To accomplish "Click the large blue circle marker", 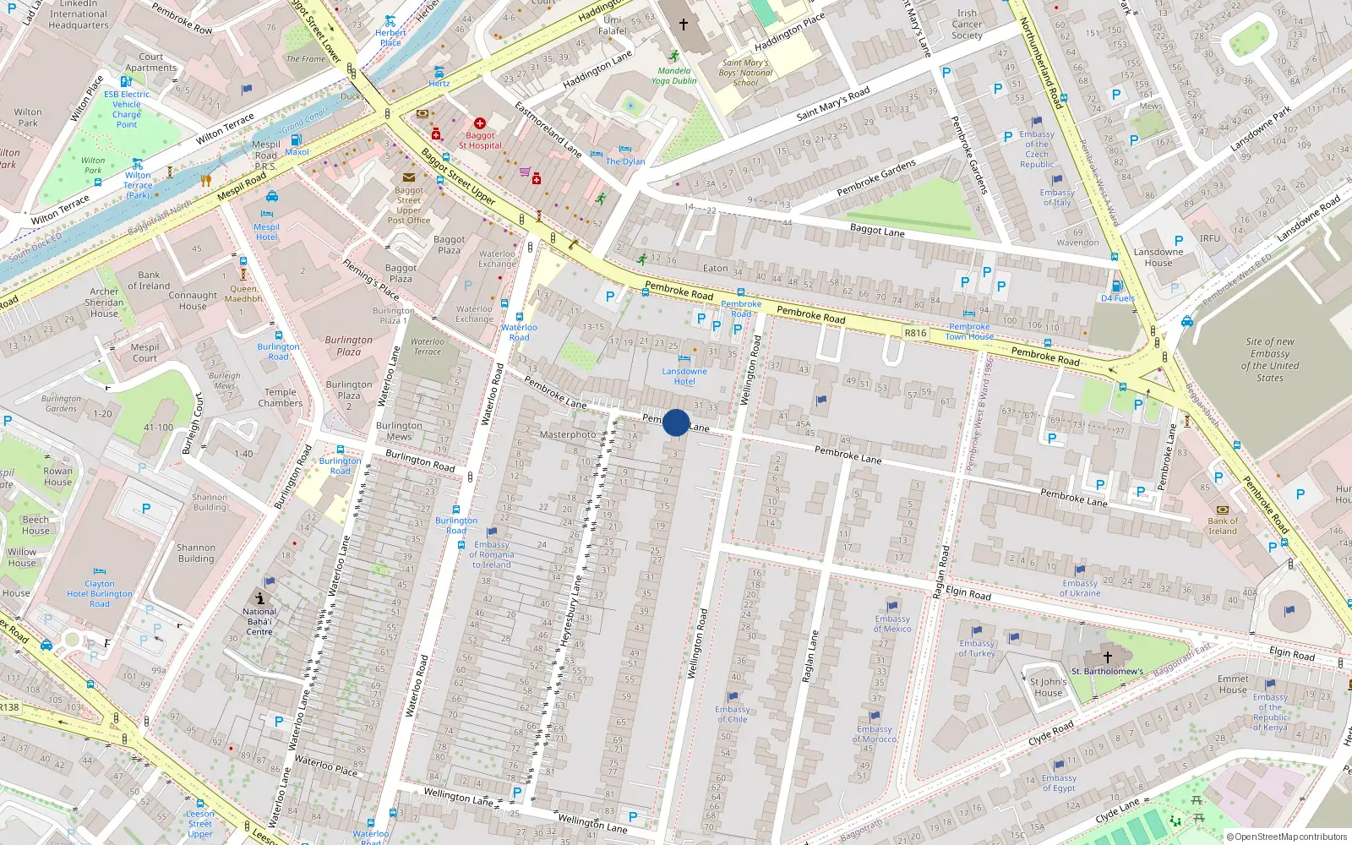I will [x=676, y=422].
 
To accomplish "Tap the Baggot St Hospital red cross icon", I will [x=480, y=123].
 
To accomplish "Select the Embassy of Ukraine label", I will [x=1080, y=588].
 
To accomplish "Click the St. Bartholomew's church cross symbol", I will [x=1107, y=657].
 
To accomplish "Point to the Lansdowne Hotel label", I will [x=684, y=376].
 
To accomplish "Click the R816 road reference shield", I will [x=915, y=333].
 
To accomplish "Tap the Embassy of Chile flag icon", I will [x=733, y=697].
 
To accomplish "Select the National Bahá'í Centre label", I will [x=259, y=622].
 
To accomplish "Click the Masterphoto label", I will [x=567, y=434].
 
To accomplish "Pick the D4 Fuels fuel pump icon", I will [x=1117, y=286].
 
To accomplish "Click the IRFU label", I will [x=1209, y=238].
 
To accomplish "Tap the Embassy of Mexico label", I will [x=892, y=624].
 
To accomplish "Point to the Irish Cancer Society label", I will [x=967, y=25].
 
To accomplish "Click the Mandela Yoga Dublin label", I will [x=674, y=76].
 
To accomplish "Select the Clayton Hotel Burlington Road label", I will [x=100, y=594].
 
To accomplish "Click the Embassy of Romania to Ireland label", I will [x=492, y=555].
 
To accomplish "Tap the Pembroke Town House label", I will [x=969, y=331].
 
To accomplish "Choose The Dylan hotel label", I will [x=625, y=161].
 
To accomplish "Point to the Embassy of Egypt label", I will [x=1059, y=783].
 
